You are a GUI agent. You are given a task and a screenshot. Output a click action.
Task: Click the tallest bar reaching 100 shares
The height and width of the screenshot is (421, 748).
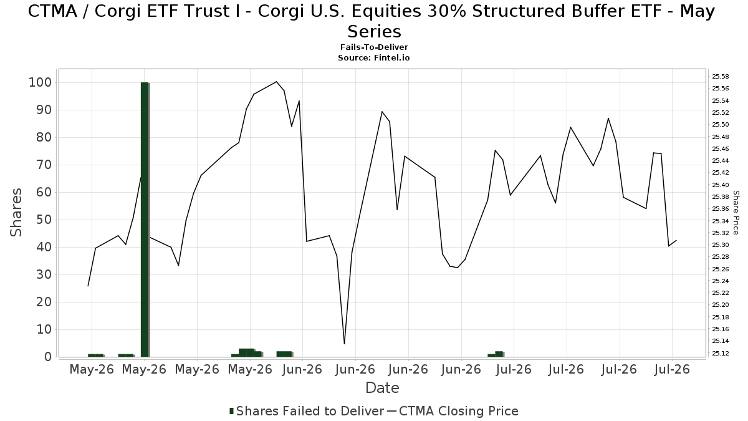145,220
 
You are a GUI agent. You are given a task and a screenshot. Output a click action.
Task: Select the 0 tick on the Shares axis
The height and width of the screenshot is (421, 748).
49,357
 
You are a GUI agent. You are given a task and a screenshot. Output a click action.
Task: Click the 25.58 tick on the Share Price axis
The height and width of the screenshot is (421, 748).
721,77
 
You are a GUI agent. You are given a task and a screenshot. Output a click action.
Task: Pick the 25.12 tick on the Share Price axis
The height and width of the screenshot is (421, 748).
721,353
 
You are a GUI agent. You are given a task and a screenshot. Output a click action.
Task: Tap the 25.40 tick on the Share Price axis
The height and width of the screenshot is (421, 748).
721,185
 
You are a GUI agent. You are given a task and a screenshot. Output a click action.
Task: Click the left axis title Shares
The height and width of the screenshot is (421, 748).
16,213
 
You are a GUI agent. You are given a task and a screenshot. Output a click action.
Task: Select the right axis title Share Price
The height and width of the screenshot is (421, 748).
736,213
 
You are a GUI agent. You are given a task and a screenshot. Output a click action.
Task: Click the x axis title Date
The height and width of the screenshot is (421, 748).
382,388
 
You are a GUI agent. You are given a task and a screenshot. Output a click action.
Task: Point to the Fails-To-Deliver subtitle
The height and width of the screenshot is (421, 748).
374,47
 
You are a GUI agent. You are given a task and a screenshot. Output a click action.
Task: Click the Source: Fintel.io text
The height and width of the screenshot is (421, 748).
373,58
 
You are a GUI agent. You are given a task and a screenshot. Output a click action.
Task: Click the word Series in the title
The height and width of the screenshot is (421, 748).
374,32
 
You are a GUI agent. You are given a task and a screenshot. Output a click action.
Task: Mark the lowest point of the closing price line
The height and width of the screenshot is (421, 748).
344,344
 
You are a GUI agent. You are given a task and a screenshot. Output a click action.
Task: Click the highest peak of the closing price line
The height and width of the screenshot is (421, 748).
276,82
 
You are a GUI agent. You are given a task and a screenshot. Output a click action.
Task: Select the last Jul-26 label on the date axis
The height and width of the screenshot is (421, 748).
671,369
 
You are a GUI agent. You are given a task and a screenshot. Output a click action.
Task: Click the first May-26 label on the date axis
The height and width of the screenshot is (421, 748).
92,369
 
